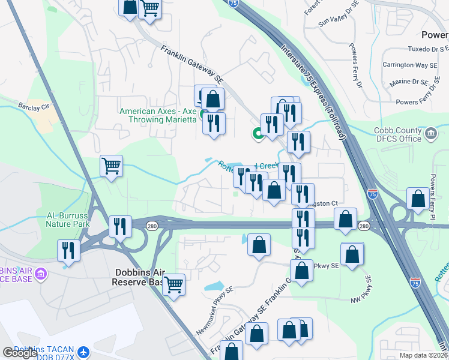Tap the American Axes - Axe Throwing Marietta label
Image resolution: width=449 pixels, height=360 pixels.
[x=158, y=115]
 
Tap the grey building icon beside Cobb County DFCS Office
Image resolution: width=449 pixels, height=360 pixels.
[x=430, y=133]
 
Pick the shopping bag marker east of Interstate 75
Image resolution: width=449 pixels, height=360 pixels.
[x=418, y=199]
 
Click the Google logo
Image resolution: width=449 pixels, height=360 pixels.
[x=20, y=353]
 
